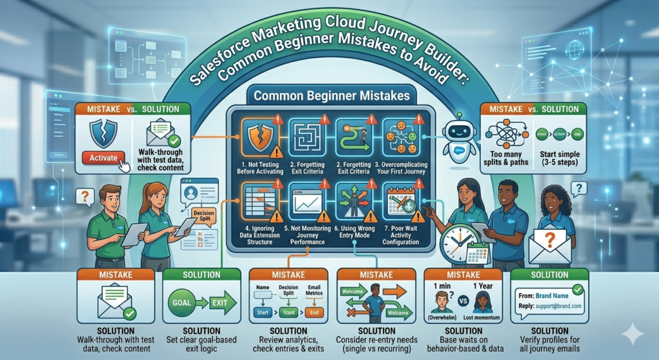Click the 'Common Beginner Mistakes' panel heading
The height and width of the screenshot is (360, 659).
click(331, 96)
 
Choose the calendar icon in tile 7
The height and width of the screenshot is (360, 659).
click(397, 202)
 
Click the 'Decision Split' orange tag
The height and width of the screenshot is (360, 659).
click(203, 213)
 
